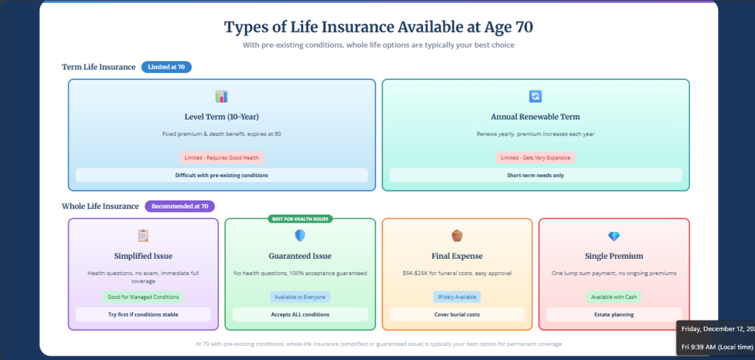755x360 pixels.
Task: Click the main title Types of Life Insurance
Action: [x=378, y=27]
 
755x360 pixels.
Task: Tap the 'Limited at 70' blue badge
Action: [x=166, y=67]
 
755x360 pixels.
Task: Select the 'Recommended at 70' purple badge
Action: [x=179, y=207]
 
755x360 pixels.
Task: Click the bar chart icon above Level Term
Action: [x=221, y=97]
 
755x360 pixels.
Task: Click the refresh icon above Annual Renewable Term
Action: [x=535, y=97]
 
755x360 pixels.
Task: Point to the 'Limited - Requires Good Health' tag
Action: [x=221, y=157]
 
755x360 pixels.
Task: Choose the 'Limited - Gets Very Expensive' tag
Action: [x=535, y=157]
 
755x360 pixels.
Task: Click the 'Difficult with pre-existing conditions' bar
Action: [x=221, y=176]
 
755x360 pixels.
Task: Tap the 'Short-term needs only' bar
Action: [x=535, y=176]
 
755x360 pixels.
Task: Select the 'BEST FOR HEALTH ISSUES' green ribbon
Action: [x=300, y=219]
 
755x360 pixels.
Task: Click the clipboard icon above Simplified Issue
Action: [x=143, y=236]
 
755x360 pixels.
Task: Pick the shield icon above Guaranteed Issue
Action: [x=300, y=236]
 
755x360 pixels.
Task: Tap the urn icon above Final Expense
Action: [x=457, y=236]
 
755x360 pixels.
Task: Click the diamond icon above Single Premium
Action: [x=614, y=236]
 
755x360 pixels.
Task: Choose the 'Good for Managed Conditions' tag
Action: [x=143, y=297]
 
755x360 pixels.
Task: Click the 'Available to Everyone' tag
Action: [x=300, y=297]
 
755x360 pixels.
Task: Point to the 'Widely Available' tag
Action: [x=457, y=297]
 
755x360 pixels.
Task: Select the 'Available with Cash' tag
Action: [x=614, y=297]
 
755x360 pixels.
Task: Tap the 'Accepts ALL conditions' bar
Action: [x=300, y=314]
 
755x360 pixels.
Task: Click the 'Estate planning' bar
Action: [x=614, y=314]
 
